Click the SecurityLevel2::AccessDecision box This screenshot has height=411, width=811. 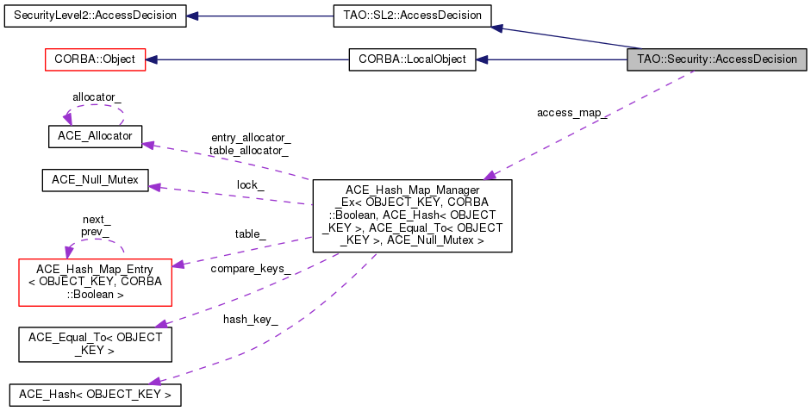click(x=95, y=16)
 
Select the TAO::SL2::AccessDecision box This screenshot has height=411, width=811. click(x=411, y=16)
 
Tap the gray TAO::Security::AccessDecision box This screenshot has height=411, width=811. click(x=718, y=59)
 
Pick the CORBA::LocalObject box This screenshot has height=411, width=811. click(x=411, y=59)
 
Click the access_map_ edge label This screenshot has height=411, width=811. click(x=571, y=113)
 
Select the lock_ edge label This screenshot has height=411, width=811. click(x=251, y=184)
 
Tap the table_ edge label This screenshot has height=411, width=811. click(x=251, y=234)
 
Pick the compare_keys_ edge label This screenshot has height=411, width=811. click(x=250, y=269)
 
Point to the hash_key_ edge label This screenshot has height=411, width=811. click(x=251, y=319)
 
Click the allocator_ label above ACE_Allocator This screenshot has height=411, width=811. click(x=97, y=98)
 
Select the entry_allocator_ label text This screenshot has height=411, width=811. click(x=250, y=138)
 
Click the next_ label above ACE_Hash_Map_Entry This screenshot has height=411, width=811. click(x=96, y=220)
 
